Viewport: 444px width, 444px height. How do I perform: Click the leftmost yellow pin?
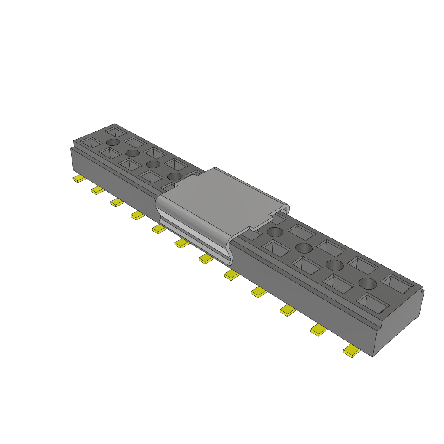[x=78, y=179]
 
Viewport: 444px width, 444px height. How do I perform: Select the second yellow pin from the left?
[x=98, y=190]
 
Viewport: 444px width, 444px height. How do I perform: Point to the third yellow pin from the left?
[x=117, y=202]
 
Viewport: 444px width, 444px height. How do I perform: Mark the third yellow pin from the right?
[x=287, y=310]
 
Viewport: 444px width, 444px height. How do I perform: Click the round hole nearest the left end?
[x=113, y=142]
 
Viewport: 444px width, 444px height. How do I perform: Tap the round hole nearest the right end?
[x=367, y=284]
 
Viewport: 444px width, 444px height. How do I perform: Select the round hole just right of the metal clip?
[x=274, y=232]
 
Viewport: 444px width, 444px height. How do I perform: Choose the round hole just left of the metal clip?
[x=175, y=176]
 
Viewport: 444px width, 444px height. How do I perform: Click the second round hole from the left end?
[x=132, y=153]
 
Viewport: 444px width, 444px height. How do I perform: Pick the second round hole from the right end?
[x=335, y=264]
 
